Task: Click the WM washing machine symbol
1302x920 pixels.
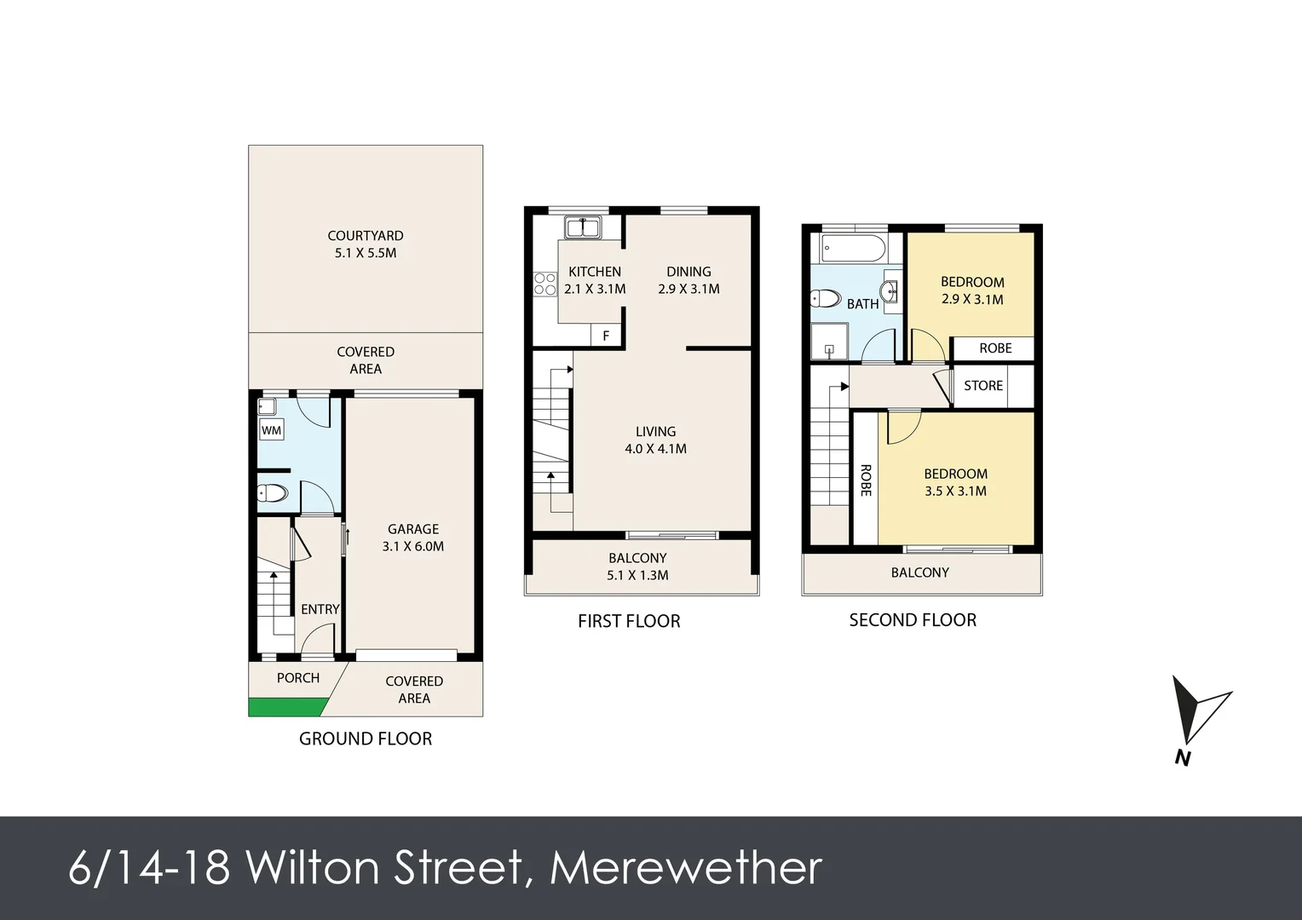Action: (x=271, y=430)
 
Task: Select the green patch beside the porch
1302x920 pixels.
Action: (x=286, y=707)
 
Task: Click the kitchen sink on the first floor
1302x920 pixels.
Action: (x=583, y=227)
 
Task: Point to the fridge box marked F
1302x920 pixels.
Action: (x=606, y=336)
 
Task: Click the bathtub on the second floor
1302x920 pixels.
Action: (x=853, y=249)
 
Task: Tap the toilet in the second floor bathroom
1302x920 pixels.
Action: (x=825, y=299)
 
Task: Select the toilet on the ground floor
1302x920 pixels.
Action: (x=273, y=493)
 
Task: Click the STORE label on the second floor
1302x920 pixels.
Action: (x=983, y=386)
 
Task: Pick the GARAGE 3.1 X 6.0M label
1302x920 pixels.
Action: (x=413, y=538)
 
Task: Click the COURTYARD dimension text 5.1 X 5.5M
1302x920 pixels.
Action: (x=366, y=253)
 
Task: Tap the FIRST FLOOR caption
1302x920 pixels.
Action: (x=629, y=621)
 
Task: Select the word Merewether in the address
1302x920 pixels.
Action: (x=686, y=868)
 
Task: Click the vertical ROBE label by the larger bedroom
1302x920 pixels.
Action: (x=866, y=480)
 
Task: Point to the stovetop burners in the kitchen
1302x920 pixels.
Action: (x=544, y=285)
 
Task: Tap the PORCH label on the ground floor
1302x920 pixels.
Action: (x=298, y=678)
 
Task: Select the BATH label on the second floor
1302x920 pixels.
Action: (x=862, y=304)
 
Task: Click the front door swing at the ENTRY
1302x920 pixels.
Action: (x=318, y=640)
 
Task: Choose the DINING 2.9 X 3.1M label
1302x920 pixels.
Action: (x=688, y=280)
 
